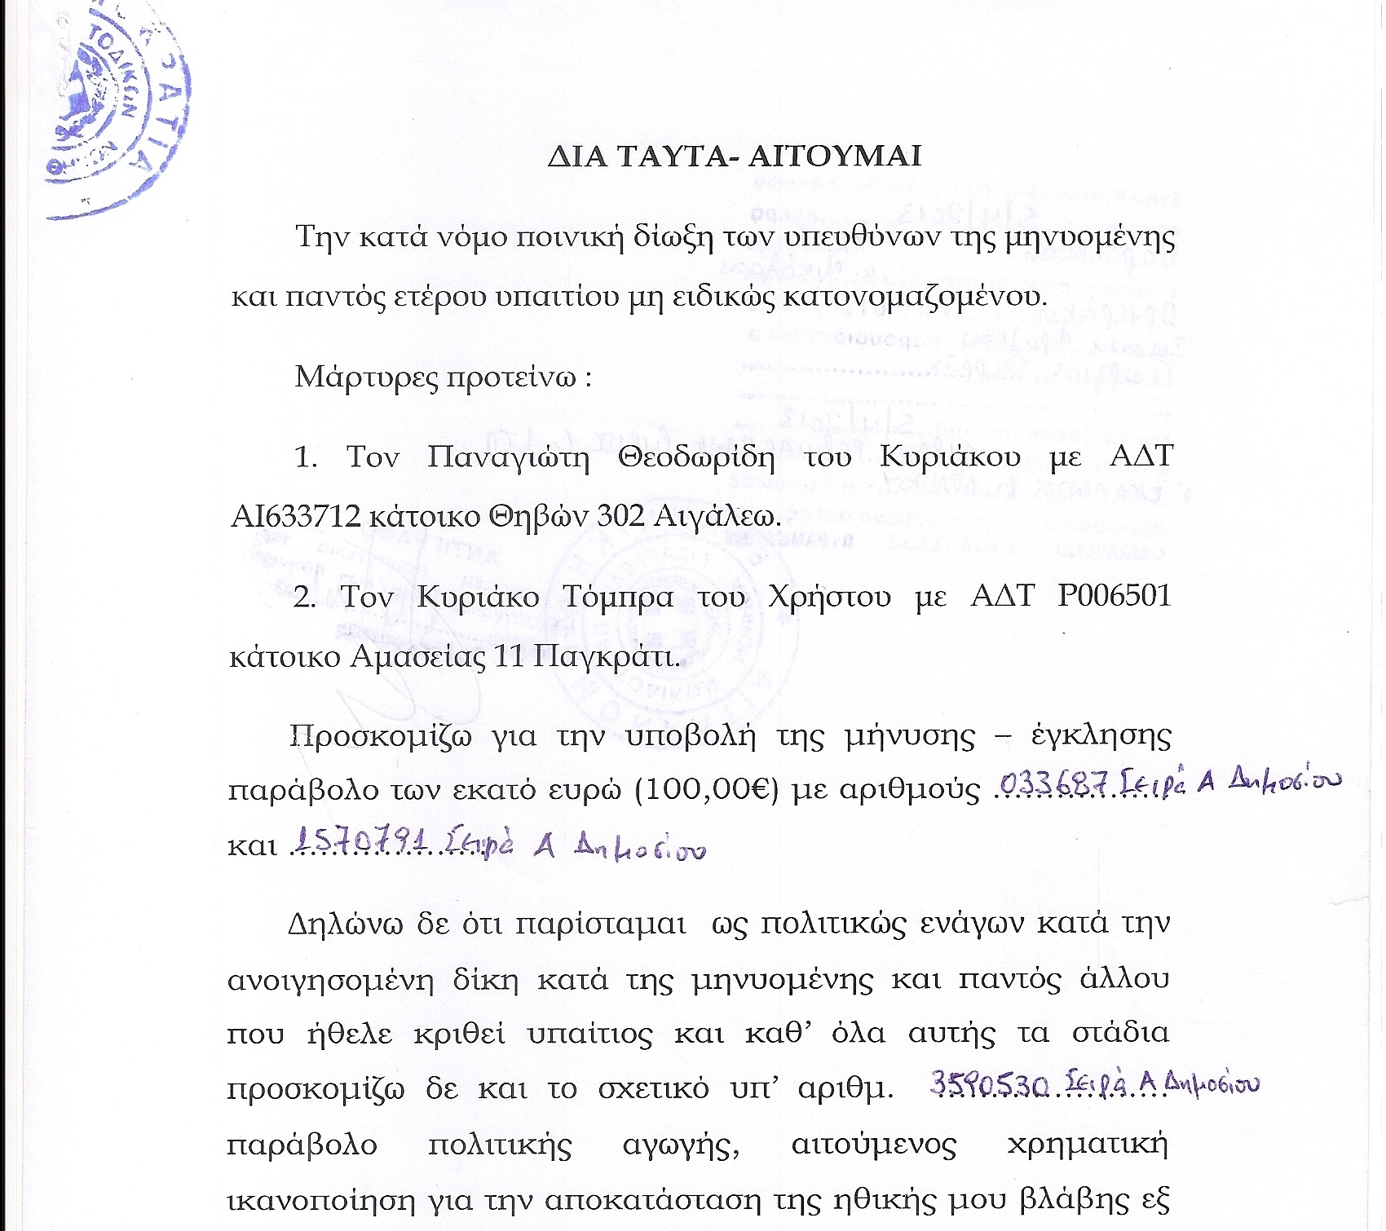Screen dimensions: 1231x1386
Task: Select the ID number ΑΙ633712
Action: pyautogui.click(x=295, y=517)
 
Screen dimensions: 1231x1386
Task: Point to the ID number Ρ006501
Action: pyautogui.click(x=1114, y=596)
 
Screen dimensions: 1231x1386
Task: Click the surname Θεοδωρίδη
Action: pyautogui.click(x=695, y=457)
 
